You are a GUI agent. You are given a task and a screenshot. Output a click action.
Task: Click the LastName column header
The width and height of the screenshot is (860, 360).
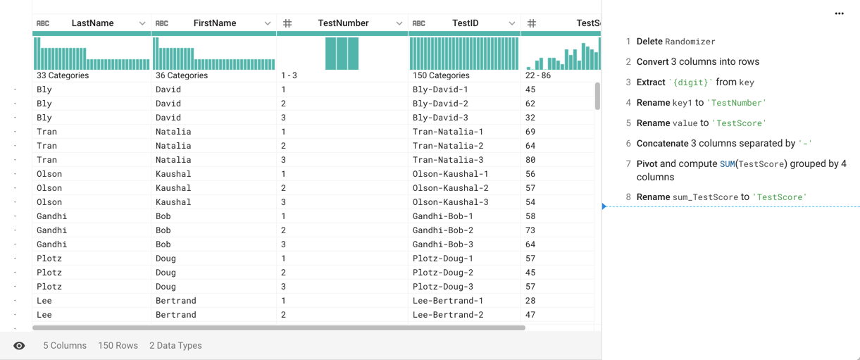92,23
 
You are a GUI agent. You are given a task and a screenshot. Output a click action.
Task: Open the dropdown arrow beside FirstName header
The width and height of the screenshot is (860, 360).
268,23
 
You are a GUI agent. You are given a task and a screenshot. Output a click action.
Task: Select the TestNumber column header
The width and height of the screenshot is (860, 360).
343,23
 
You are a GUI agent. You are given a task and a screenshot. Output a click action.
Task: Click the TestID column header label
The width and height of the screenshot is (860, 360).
465,23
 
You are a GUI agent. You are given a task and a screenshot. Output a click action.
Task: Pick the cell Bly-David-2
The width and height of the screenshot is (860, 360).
445,104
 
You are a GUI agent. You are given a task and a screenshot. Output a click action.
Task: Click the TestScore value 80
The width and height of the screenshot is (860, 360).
530,160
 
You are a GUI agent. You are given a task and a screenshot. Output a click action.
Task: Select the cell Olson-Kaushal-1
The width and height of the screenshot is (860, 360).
450,174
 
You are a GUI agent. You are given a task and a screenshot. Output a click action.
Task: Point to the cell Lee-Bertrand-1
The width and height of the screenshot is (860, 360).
448,301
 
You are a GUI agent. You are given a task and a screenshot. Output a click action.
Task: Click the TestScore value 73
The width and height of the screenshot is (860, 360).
530,230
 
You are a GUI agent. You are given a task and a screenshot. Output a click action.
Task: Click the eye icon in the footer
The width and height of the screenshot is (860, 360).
19,346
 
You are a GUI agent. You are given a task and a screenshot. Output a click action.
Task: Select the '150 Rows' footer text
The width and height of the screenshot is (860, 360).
118,346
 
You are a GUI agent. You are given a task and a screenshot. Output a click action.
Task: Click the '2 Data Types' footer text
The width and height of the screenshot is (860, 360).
175,346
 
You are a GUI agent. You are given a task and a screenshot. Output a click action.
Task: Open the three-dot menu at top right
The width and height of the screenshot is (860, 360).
839,13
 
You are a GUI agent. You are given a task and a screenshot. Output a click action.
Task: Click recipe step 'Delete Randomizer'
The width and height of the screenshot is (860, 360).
675,42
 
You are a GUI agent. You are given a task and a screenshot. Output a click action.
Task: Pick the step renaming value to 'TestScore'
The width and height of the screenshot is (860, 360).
701,123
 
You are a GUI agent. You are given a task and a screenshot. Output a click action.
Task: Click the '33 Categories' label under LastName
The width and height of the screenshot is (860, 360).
63,75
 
